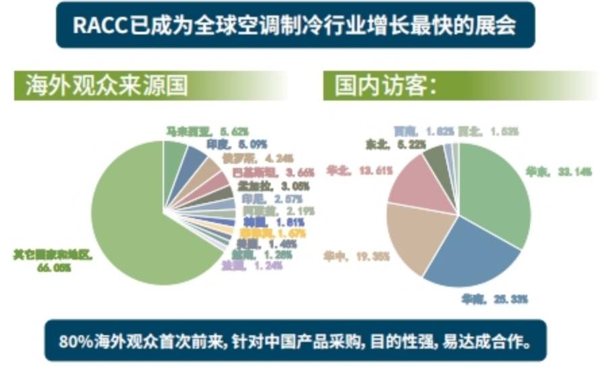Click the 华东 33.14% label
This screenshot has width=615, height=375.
pos(558,172)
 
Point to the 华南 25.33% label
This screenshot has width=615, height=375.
pos(493,298)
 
